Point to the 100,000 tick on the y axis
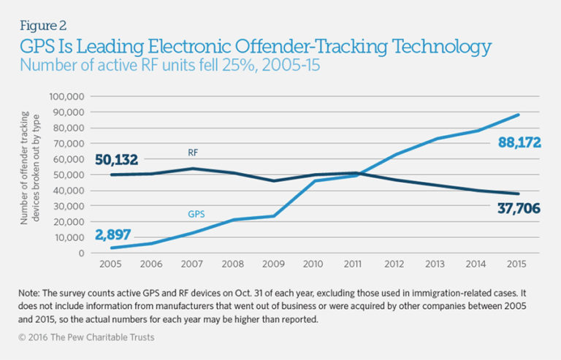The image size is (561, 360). coord(67,96)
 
